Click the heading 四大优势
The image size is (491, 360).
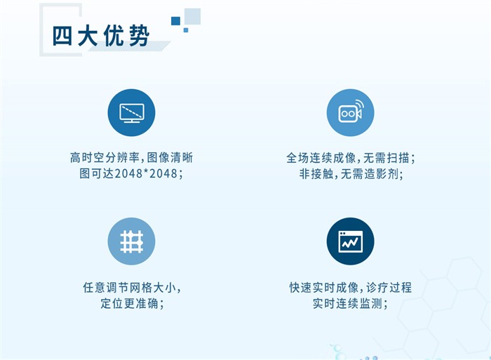(x=100, y=36)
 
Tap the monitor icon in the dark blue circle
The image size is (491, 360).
(x=132, y=113)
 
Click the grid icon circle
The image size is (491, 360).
(x=132, y=241)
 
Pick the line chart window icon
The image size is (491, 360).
(x=351, y=241)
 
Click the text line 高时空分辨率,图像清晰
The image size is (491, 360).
(x=132, y=158)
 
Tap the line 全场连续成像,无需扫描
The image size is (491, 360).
(x=351, y=158)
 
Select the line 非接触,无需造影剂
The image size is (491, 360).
(x=351, y=173)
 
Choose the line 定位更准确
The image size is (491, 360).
(x=132, y=303)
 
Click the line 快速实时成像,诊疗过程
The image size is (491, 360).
(x=351, y=287)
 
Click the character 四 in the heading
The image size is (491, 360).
(x=62, y=36)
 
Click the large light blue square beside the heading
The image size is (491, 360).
(x=192, y=16)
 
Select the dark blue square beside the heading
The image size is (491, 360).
(x=175, y=20)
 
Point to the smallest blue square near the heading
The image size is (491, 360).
(x=186, y=30)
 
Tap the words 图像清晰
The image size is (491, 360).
(x=170, y=158)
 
